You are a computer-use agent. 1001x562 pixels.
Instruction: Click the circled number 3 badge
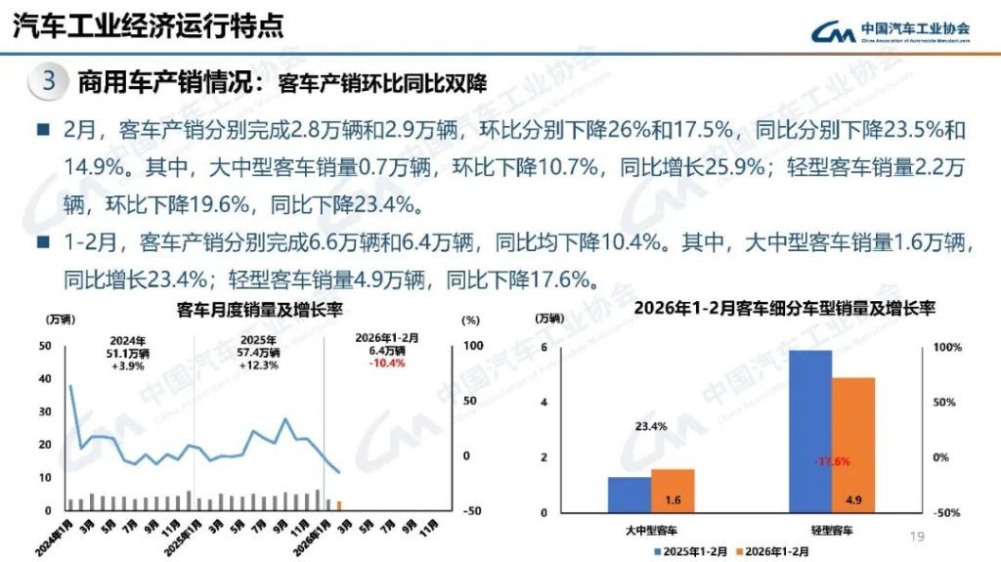tap(49, 81)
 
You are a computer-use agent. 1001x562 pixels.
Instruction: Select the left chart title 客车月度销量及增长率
tap(259, 311)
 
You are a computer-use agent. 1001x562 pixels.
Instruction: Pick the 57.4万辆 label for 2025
tap(258, 353)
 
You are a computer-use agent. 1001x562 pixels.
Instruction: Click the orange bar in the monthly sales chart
tap(338, 504)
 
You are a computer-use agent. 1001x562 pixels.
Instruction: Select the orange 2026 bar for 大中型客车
tap(673, 492)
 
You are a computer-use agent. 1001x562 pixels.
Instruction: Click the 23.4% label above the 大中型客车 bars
tap(650, 426)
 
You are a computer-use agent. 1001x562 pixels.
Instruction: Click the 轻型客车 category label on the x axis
tap(832, 530)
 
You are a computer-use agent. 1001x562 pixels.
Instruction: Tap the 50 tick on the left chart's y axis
tap(44, 346)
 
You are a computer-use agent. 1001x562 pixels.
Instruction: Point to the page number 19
tap(916, 536)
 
